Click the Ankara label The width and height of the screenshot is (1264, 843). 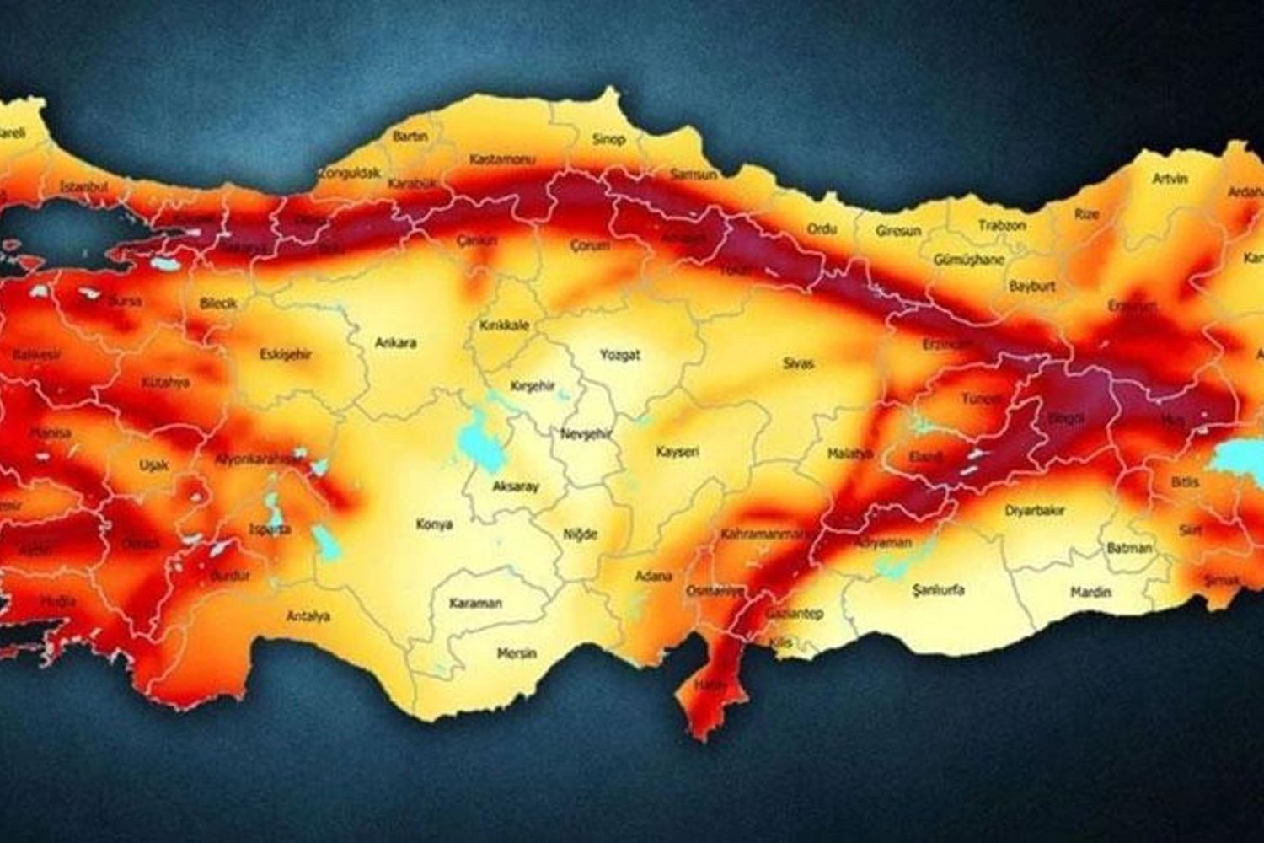[395, 343]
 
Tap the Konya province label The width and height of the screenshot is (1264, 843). [434, 524]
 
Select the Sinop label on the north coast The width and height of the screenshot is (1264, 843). [608, 139]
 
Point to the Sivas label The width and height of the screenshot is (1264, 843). [798, 363]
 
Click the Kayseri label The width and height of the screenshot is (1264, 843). [678, 452]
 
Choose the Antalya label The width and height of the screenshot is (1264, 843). [308, 616]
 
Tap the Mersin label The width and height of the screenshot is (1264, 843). [517, 653]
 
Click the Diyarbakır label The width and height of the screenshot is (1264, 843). [1035, 511]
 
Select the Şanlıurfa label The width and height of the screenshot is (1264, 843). [938, 590]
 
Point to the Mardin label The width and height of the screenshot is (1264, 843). [1090, 593]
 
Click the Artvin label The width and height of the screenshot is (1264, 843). [1170, 179]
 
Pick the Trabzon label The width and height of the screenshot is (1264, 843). [1002, 226]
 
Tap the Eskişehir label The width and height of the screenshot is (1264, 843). [286, 355]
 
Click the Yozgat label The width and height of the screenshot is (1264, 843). [619, 355]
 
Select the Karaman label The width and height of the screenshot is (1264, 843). [475, 604]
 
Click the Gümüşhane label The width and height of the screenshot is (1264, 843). [969, 260]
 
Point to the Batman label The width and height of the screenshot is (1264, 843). [1129, 548]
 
